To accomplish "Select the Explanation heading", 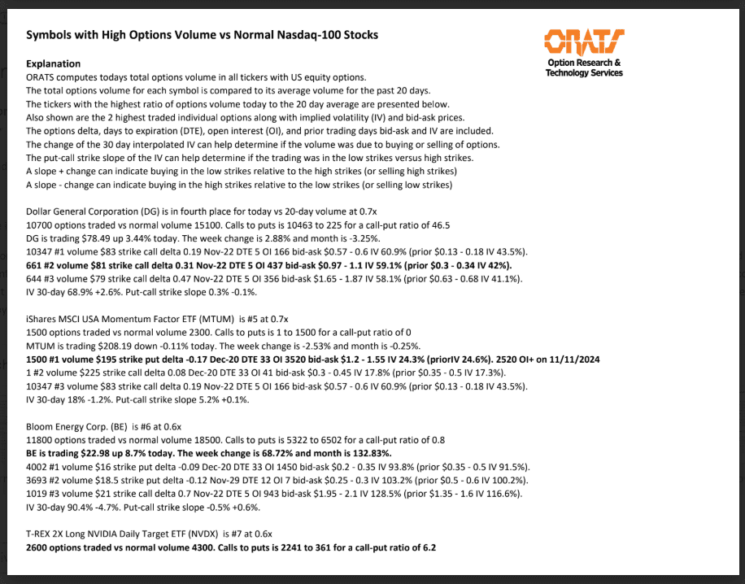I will coord(54,63).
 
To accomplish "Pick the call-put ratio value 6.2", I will coord(429,547).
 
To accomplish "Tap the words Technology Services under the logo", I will coord(584,73).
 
